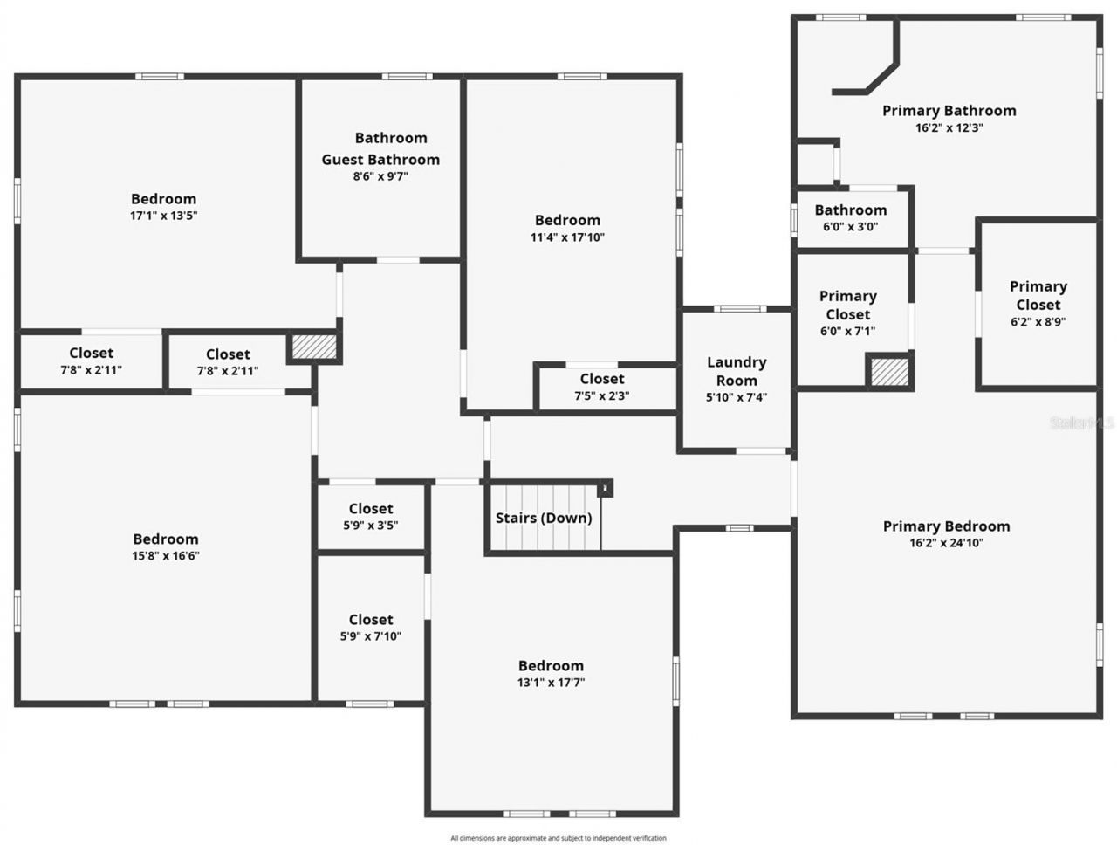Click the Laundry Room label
(x=737, y=371)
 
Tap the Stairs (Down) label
(x=544, y=518)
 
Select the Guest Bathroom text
(x=380, y=160)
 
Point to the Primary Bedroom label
(x=946, y=526)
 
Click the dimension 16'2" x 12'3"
(x=949, y=127)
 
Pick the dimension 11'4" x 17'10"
(x=567, y=237)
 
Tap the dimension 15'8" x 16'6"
(x=166, y=556)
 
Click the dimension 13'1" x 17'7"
(x=551, y=683)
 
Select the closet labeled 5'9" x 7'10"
(x=371, y=628)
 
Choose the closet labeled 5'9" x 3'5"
(x=371, y=516)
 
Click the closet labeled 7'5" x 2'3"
(x=602, y=387)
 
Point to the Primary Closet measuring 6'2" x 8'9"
(x=1038, y=303)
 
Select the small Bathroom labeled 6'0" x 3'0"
(x=851, y=217)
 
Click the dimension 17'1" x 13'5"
(x=164, y=216)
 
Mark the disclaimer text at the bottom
(x=558, y=838)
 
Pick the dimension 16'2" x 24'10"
(x=946, y=543)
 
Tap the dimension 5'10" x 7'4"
(x=737, y=397)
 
